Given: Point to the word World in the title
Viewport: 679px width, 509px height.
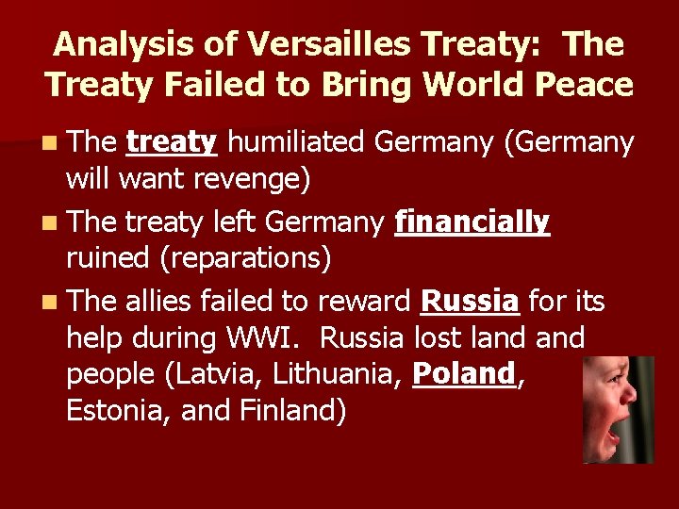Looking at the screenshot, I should pos(466,85).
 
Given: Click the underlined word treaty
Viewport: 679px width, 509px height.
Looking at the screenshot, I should pos(173,142).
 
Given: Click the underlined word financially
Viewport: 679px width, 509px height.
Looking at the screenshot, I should pos(472,222).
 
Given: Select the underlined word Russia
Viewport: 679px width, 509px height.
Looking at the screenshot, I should pos(470,302).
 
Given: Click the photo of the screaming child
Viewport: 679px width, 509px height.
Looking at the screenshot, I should pos(618,409).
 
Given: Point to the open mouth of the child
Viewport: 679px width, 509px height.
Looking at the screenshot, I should pos(614,436).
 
